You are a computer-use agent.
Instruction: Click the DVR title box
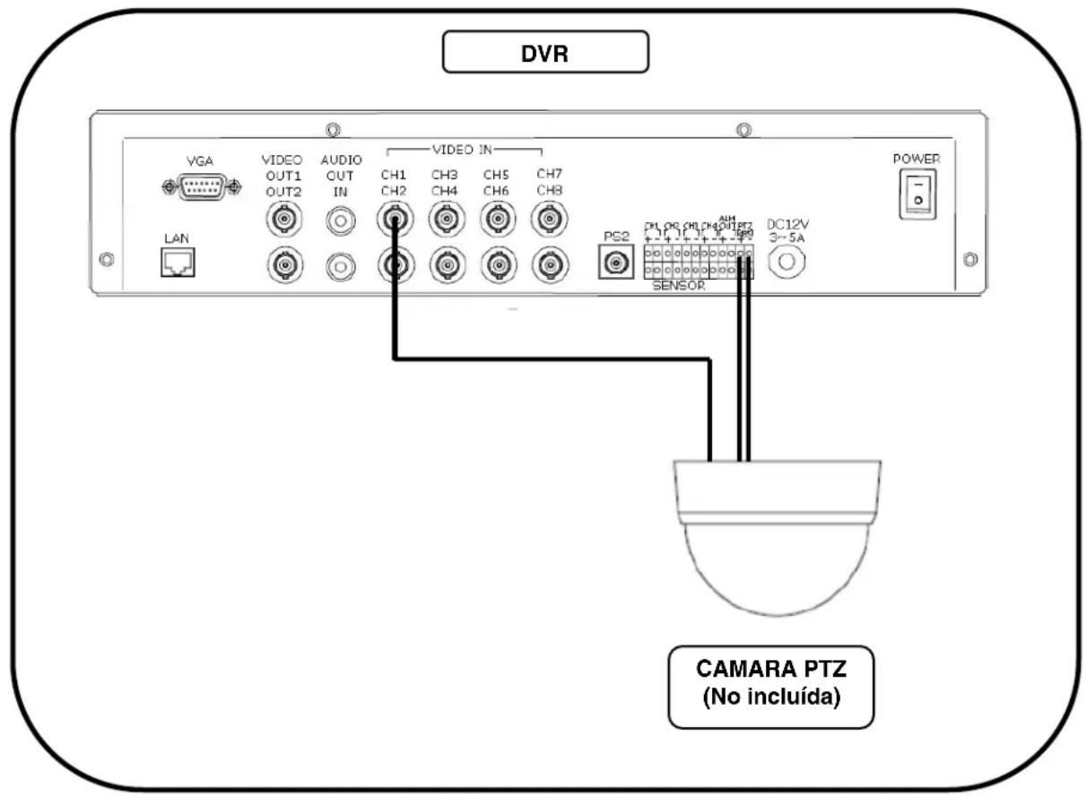coord(545,52)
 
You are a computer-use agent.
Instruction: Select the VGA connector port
coord(202,186)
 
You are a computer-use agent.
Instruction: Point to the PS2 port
coord(615,263)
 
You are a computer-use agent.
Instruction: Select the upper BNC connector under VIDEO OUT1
coord(284,218)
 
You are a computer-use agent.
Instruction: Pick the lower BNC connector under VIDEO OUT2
coord(284,265)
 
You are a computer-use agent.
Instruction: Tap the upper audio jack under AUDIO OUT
coord(340,218)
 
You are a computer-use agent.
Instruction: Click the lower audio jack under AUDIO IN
coord(340,265)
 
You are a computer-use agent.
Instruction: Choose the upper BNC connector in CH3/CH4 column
coord(446,218)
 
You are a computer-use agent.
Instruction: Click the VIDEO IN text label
coord(464,148)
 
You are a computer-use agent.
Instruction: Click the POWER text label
coord(916,159)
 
